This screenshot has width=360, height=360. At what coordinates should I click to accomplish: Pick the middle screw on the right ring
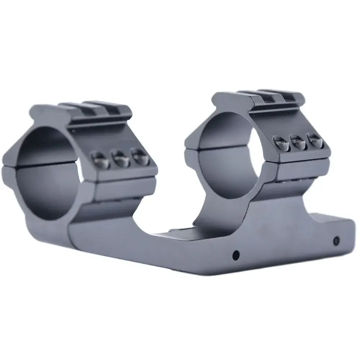[297, 141]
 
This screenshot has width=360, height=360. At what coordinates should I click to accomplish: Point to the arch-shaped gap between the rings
[166, 209]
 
